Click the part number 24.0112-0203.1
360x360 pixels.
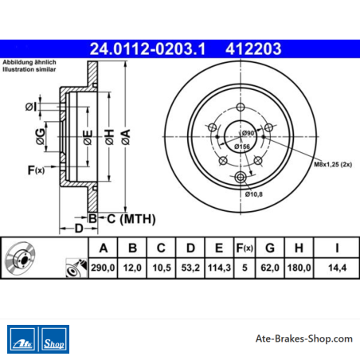[x=147, y=49]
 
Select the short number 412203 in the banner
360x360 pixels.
[x=253, y=49]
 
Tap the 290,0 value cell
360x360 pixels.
[x=103, y=268]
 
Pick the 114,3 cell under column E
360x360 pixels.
[x=219, y=268]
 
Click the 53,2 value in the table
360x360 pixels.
[x=190, y=268]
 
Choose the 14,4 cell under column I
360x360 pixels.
[x=337, y=268]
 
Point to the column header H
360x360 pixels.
[x=299, y=248]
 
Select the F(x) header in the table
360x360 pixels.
[x=245, y=248]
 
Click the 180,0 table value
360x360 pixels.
[x=299, y=268]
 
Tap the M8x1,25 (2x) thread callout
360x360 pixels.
[x=333, y=164]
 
